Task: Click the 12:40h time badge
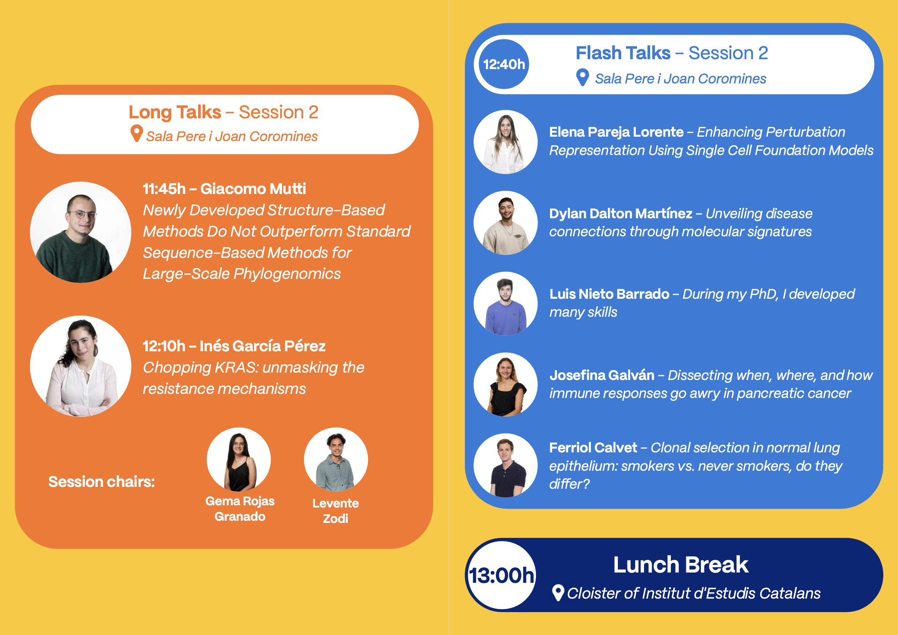pos(504,64)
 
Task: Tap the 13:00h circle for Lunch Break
pos(502,575)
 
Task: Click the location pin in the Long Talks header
pos(137,133)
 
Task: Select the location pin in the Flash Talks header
pos(582,77)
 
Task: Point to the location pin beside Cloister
pos(558,592)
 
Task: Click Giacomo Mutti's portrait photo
pos(80,232)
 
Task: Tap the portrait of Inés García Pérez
pos(80,366)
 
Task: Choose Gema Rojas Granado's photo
pos(239,459)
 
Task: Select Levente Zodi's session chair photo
pos(336,459)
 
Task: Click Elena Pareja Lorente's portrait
pos(506,142)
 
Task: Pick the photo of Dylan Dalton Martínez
pos(506,223)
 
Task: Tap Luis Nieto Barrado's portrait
pos(506,304)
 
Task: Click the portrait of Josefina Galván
pos(506,384)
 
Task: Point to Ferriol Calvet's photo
pos(506,466)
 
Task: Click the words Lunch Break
pos(681,564)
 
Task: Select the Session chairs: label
pos(101,481)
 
